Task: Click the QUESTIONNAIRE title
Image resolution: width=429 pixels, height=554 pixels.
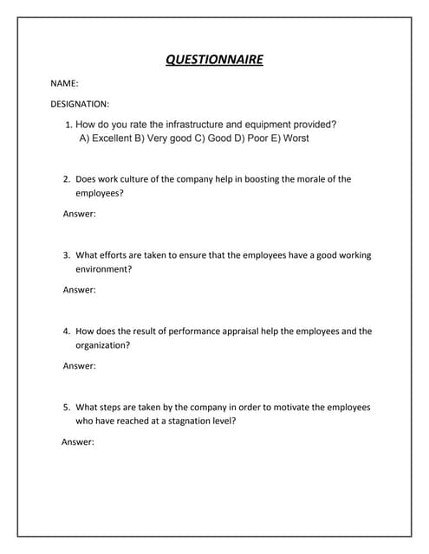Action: pos(214,60)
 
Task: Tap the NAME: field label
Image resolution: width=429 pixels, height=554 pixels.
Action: pos(64,84)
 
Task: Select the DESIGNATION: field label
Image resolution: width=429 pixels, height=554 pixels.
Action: pos(79,104)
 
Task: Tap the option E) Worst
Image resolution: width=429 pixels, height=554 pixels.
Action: pos(289,138)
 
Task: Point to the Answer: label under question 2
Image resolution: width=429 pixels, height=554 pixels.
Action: pos(80,213)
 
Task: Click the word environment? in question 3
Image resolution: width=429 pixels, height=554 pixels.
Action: pos(104,269)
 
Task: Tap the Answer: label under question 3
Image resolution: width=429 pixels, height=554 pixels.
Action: pos(80,289)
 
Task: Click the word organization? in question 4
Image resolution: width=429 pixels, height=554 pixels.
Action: pos(103,345)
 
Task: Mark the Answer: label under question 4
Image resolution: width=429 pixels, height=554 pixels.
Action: pos(80,365)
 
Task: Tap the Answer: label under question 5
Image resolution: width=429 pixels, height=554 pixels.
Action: pos(78,441)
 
